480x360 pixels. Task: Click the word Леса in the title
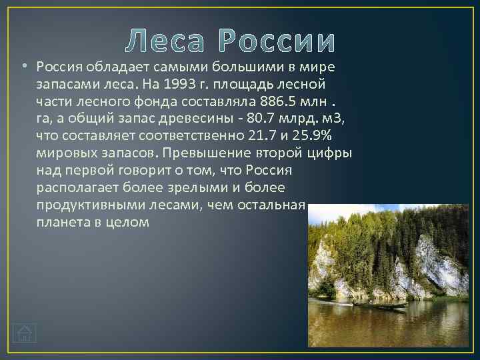167,41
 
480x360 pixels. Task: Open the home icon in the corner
25,333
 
